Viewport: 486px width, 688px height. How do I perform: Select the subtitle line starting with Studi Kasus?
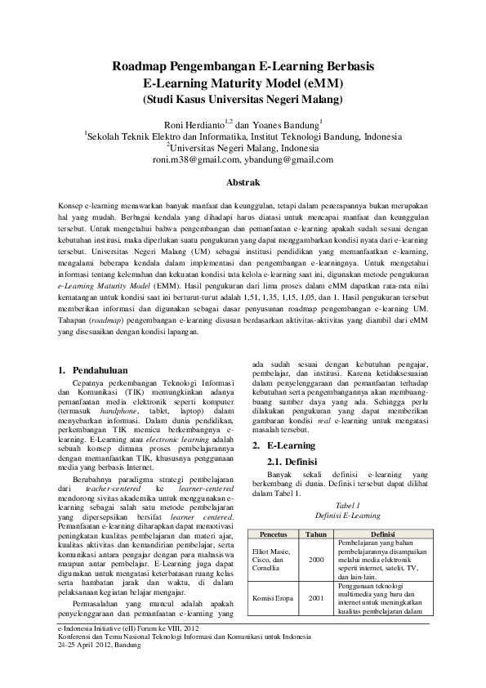point(243,100)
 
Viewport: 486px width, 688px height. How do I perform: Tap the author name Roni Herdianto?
point(203,124)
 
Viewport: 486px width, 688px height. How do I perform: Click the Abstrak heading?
point(243,182)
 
